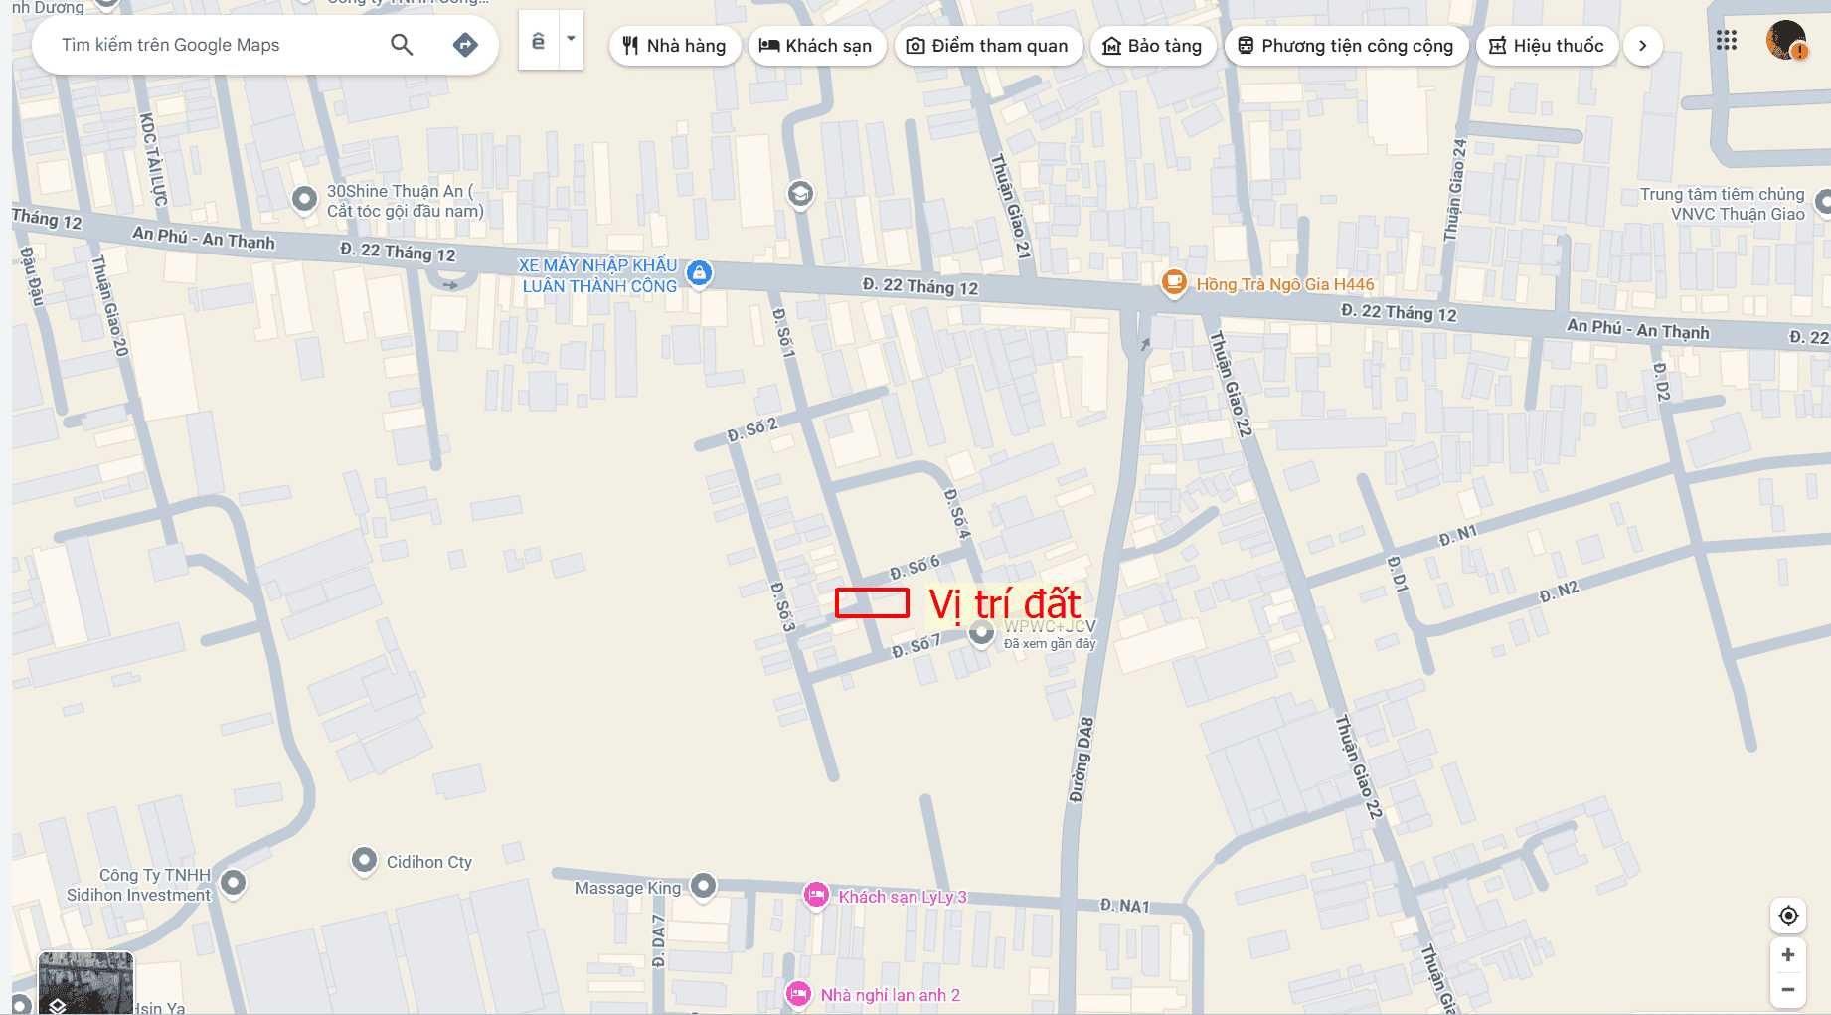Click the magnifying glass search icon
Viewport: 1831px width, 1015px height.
click(x=402, y=45)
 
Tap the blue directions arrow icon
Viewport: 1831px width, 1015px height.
click(x=465, y=45)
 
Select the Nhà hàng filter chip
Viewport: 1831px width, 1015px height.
click(x=674, y=46)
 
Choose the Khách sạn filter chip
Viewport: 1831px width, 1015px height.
click(x=816, y=46)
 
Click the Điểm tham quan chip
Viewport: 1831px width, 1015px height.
click(x=988, y=46)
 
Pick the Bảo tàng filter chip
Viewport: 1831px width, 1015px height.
click(x=1153, y=46)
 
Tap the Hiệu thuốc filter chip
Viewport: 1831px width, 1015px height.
click(x=1547, y=46)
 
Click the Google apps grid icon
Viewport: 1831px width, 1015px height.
click(x=1727, y=41)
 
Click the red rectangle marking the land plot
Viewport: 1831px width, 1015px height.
click(x=872, y=603)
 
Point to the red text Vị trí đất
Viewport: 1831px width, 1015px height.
click(x=1004, y=604)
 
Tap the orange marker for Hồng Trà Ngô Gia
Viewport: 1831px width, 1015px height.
click(x=1174, y=282)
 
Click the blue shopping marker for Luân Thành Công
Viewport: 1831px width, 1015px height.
click(x=700, y=272)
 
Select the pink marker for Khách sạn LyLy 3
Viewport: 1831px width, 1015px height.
click(x=816, y=895)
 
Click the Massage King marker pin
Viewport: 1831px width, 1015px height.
click(x=704, y=885)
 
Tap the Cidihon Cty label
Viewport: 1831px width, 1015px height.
click(x=428, y=862)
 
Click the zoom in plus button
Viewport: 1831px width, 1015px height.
click(x=1787, y=955)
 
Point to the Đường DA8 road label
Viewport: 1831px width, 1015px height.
click(x=1082, y=760)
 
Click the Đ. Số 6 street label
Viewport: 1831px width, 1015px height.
click(x=915, y=568)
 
